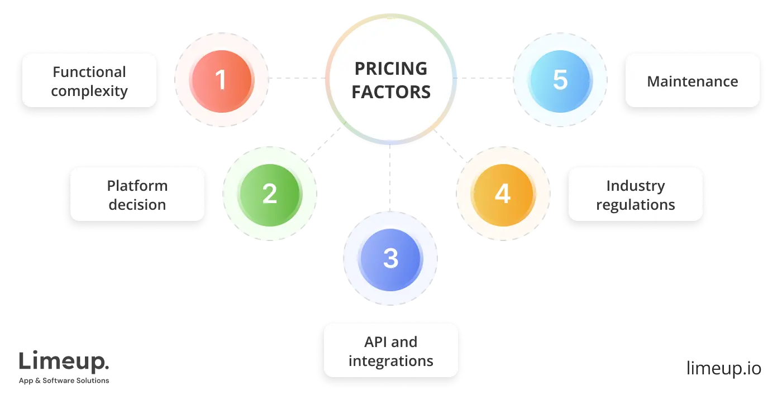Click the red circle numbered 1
tap(222, 79)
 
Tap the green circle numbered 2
tap(269, 194)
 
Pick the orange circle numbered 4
tap(502, 194)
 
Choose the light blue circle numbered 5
tap(560, 79)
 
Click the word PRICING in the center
tap(391, 69)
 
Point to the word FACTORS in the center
tap(391, 91)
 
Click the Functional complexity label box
tap(89, 81)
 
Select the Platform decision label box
tap(137, 195)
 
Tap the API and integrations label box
tap(391, 351)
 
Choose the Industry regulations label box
tap(635, 195)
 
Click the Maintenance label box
tap(692, 81)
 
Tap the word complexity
tap(89, 91)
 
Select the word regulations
tap(635, 205)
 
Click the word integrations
tap(391, 361)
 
